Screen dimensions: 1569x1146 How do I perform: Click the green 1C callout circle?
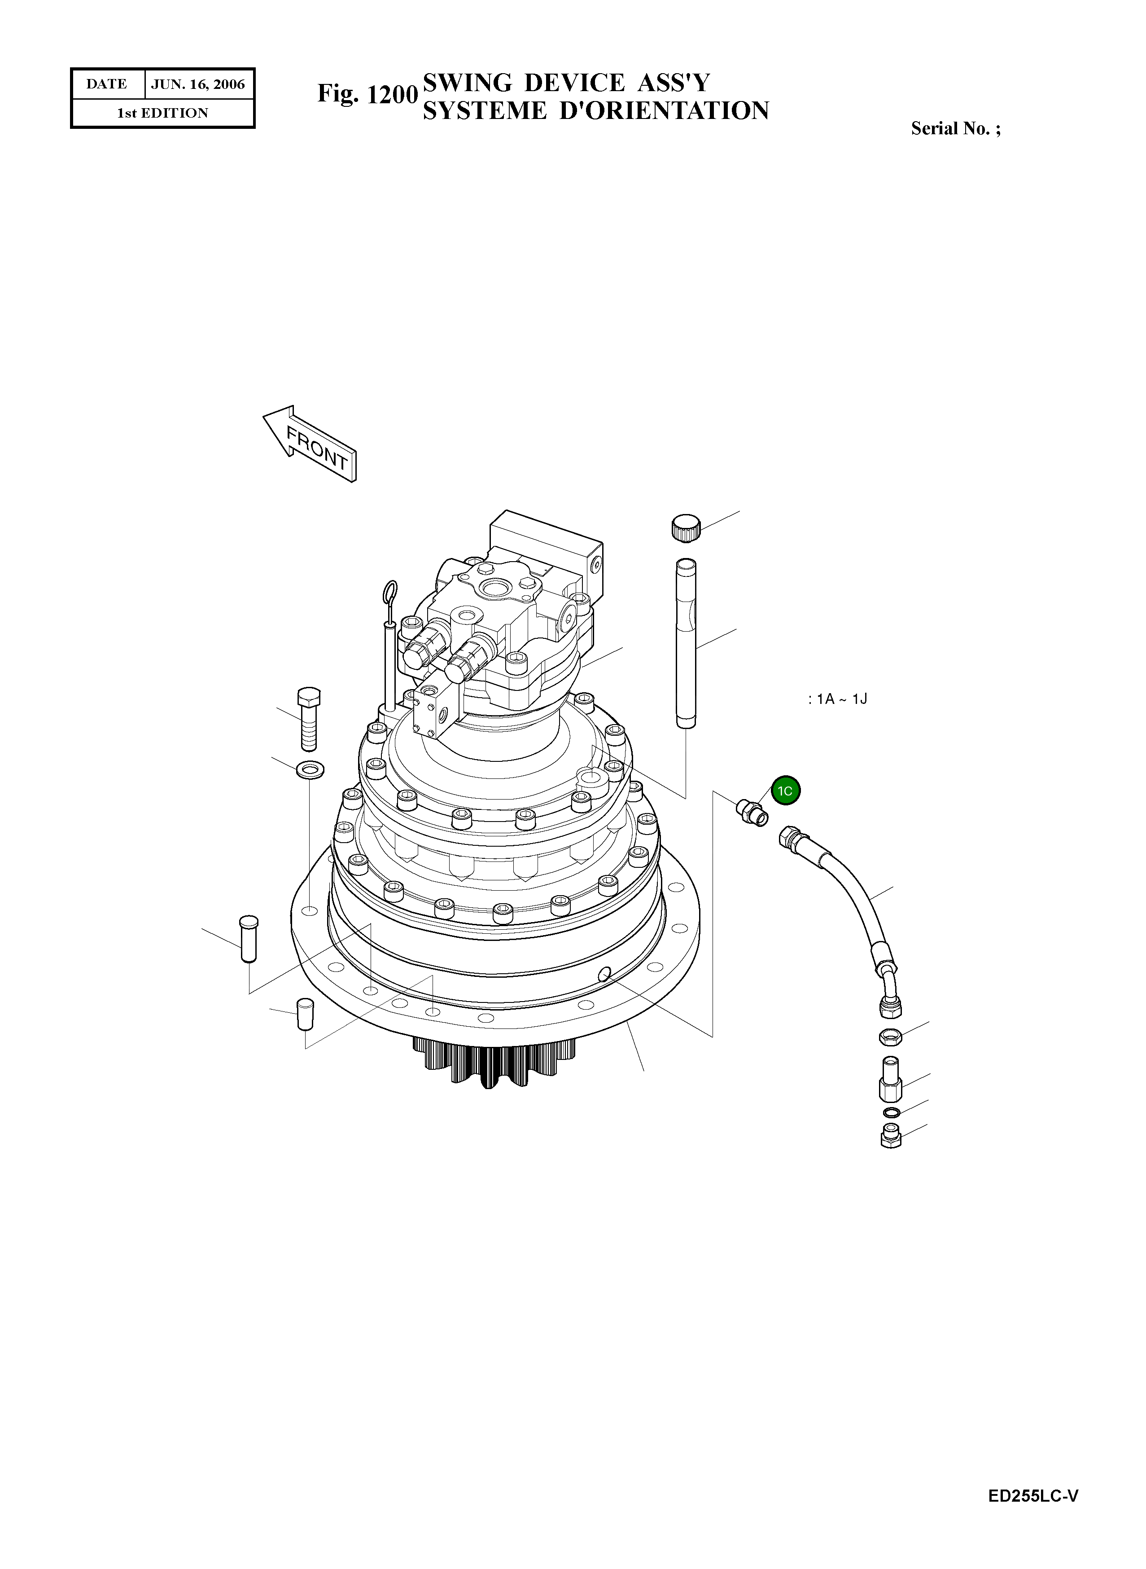[x=785, y=791]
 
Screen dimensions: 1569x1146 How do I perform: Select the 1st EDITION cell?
[x=162, y=113]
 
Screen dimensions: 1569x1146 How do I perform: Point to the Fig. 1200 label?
[x=367, y=94]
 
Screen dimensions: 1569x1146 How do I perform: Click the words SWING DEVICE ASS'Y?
[x=566, y=83]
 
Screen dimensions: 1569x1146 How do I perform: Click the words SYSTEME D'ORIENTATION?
[x=595, y=111]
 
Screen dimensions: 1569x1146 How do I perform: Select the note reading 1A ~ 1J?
[x=838, y=699]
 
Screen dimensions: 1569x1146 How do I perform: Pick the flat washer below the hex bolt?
[x=310, y=769]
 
